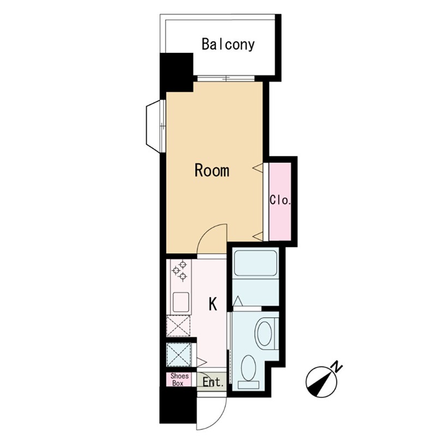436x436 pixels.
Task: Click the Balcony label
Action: [228, 45]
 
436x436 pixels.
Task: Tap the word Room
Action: [212, 171]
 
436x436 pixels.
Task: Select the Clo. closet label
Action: [280, 200]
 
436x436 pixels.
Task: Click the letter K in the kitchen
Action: [213, 304]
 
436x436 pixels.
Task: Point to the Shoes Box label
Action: [179, 379]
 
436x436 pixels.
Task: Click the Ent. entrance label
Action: [213, 383]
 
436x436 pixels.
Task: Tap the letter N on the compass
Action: [337, 366]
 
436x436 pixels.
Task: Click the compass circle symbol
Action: [321, 382]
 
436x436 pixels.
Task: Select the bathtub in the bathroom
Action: [256, 263]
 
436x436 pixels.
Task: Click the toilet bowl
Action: [264, 334]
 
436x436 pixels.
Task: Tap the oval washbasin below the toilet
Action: [249, 367]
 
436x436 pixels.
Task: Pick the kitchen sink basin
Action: [181, 302]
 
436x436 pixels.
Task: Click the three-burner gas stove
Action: [180, 270]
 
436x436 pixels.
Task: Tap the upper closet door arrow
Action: [257, 168]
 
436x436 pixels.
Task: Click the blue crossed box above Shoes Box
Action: [179, 354]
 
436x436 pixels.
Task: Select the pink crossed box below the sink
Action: [178, 325]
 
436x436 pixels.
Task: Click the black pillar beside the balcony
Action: [176, 72]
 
